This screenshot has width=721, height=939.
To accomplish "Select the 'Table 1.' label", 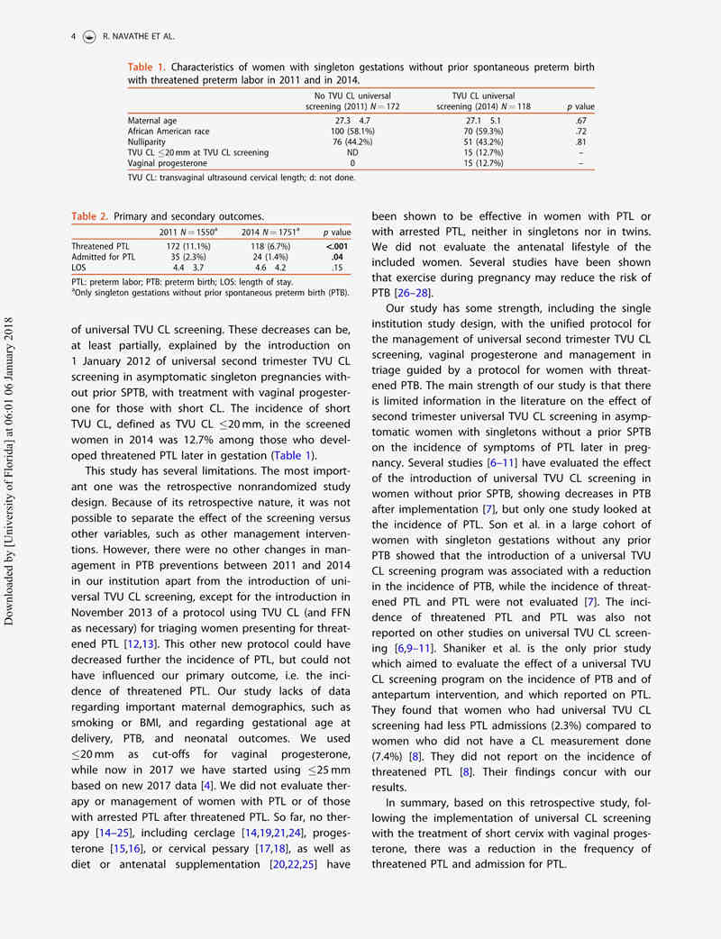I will (x=146, y=68).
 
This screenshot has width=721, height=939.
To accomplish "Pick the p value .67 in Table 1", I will (x=580, y=120).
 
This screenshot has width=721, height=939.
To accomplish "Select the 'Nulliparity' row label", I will (x=149, y=141).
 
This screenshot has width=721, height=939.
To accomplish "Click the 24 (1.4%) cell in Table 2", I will (x=269, y=257).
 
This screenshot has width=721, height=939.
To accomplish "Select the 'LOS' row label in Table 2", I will (x=79, y=268).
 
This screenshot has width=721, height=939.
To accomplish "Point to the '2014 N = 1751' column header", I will (x=269, y=232).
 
